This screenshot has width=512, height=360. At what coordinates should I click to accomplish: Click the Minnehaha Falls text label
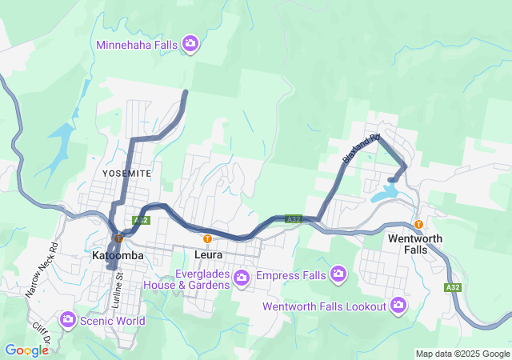tap(137, 45)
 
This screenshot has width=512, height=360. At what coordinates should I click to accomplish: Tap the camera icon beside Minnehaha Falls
tap(190, 43)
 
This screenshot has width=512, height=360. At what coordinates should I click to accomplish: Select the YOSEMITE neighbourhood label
tap(126, 173)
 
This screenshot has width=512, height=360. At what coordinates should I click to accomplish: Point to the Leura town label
tap(208, 255)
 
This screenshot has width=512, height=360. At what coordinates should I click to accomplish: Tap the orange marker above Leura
tap(208, 238)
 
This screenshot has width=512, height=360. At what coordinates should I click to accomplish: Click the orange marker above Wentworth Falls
tap(418, 223)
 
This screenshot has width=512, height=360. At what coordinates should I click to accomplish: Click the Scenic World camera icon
tap(68, 320)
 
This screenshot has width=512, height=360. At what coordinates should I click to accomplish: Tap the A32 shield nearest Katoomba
tap(141, 220)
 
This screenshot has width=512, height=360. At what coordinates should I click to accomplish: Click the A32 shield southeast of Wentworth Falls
tap(454, 287)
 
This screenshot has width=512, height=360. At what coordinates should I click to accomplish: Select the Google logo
tap(26, 350)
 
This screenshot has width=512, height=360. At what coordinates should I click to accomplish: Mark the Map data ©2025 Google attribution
tap(462, 354)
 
